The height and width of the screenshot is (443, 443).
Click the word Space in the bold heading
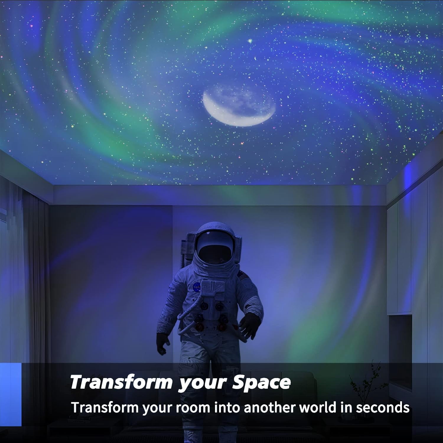click(x=261, y=382)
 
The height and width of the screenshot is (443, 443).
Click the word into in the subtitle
click(x=226, y=408)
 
